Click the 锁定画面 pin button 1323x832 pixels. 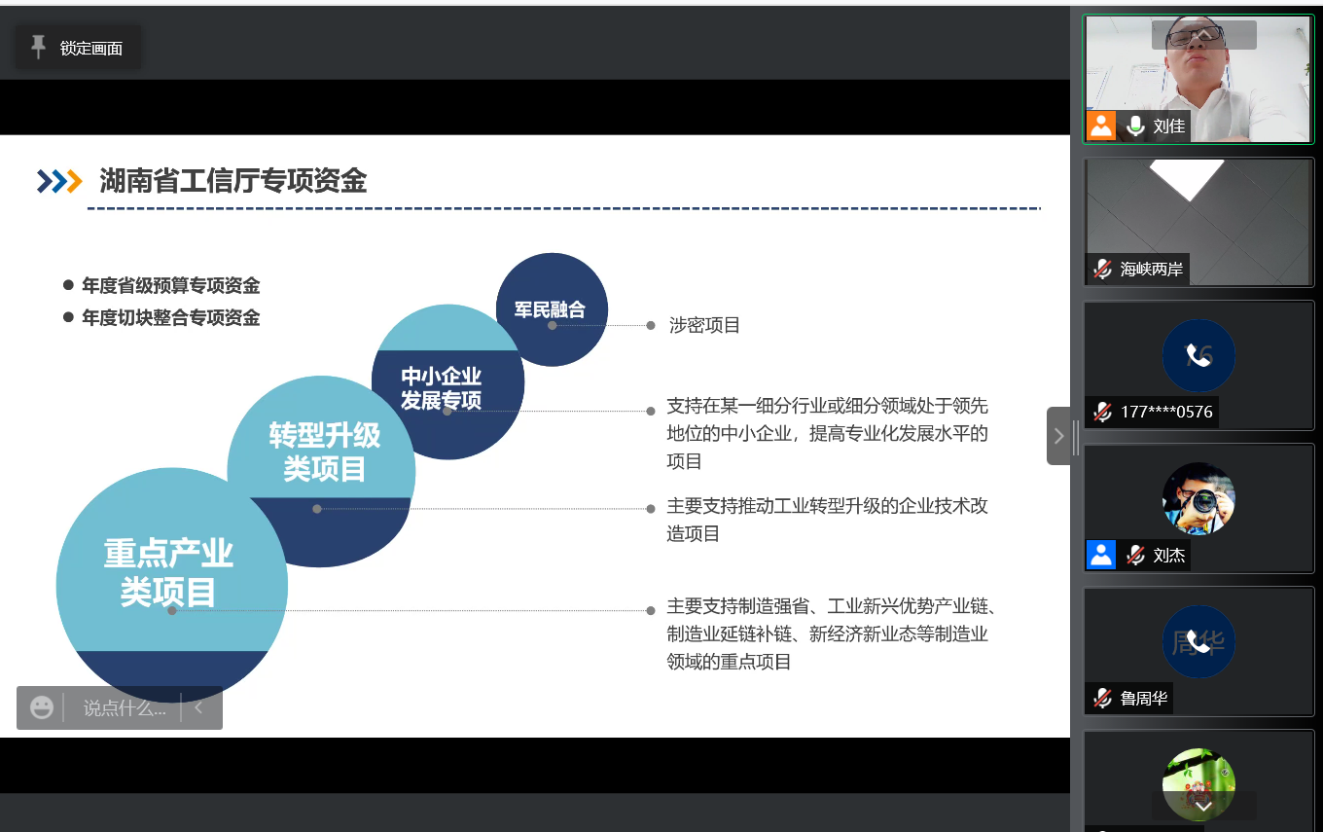[x=78, y=48]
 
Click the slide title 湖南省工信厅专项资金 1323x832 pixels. [x=233, y=180]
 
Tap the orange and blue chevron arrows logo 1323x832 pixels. [x=59, y=181]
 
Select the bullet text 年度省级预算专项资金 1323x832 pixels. [x=170, y=285]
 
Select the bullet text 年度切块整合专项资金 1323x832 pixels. [x=170, y=317]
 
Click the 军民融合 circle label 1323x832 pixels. [x=550, y=309]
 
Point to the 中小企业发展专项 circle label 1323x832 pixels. [x=442, y=387]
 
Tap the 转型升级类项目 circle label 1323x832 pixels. [x=324, y=452]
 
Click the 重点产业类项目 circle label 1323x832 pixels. [x=168, y=572]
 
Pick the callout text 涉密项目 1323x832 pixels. [x=704, y=325]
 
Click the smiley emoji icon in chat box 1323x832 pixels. [x=41, y=707]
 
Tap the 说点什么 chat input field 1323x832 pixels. [x=125, y=707]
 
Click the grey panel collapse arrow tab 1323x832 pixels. [x=1058, y=436]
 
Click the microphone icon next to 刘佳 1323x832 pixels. [x=1134, y=126]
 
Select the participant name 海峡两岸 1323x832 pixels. [x=1151, y=270]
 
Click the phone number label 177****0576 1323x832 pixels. [x=1166, y=412]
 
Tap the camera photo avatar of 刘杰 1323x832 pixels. [x=1198, y=499]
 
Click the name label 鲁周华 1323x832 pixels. [x=1144, y=699]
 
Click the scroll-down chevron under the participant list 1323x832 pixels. [x=1203, y=807]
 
